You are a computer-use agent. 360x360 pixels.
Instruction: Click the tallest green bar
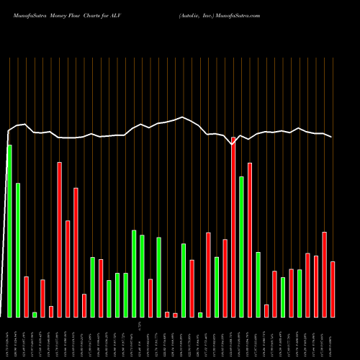point(9,230)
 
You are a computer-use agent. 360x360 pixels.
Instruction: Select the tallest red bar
point(233,227)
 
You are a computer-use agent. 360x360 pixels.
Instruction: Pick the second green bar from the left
point(18,250)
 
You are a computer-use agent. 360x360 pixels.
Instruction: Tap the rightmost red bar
point(333,289)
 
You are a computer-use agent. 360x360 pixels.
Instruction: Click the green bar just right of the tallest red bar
point(242,246)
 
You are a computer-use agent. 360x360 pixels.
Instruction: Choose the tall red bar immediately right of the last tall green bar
point(250,240)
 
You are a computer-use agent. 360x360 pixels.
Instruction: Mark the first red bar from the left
point(26,297)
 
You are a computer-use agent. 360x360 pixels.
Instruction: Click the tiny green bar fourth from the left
point(35,314)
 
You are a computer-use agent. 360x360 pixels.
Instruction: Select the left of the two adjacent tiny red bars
point(167,314)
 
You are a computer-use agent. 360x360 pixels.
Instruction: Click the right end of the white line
point(332,137)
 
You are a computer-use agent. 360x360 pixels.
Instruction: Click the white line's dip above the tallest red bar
point(233,144)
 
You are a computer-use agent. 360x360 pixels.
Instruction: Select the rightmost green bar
point(300,293)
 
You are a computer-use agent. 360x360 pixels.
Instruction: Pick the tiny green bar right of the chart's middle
point(200,315)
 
